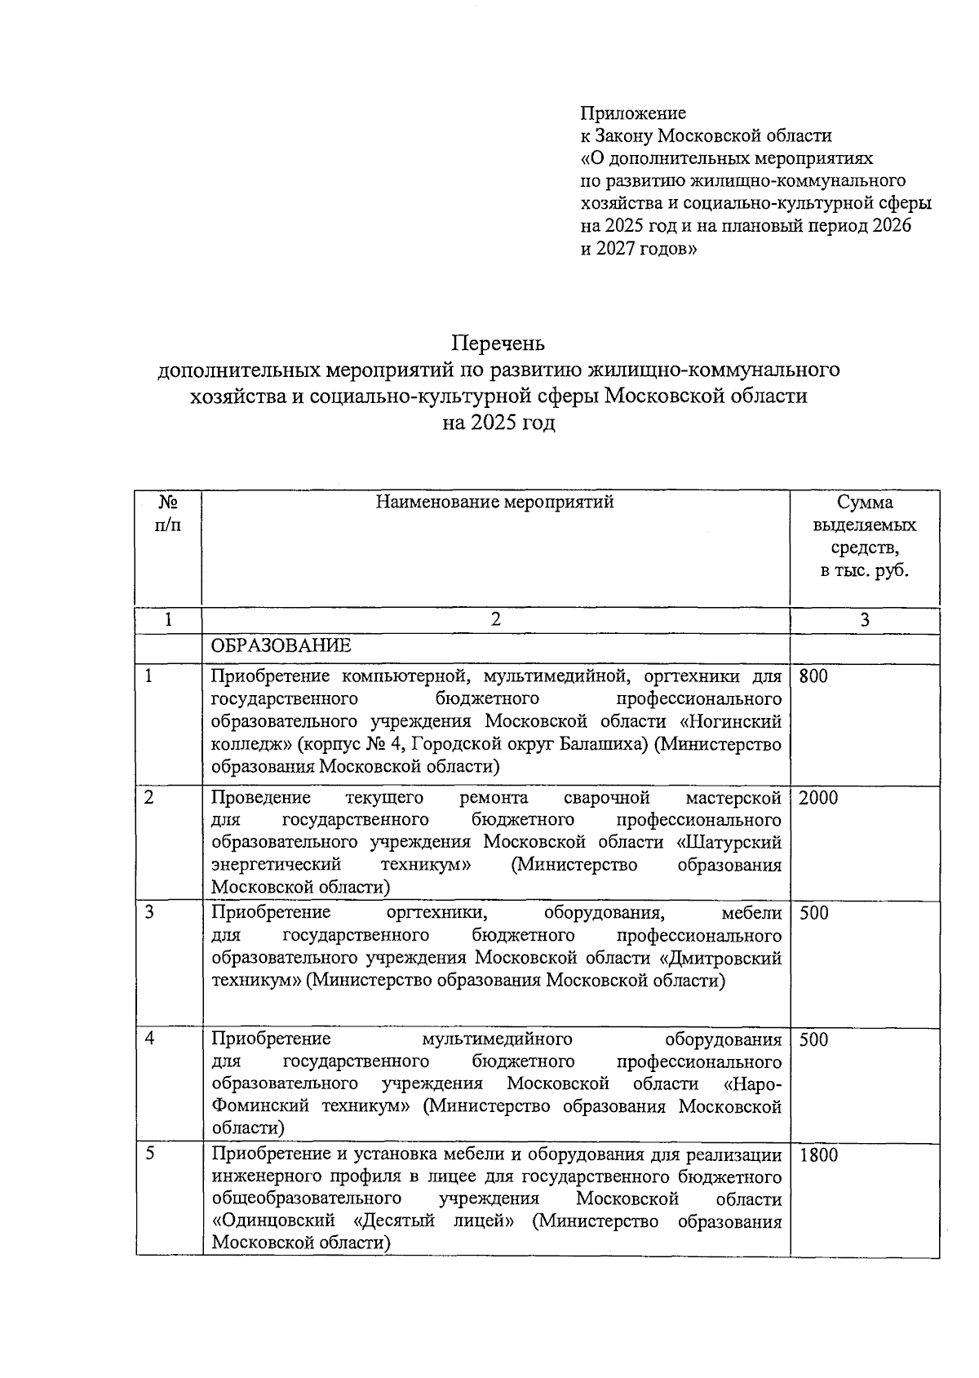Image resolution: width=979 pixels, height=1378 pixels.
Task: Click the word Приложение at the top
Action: [x=633, y=113]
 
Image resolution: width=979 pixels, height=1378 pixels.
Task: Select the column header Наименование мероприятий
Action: [x=494, y=503]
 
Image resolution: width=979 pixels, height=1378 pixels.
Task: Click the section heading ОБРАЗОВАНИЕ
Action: [x=281, y=646]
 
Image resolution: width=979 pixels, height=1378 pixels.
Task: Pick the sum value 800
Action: [x=813, y=676]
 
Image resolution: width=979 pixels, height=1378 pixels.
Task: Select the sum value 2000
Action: [x=818, y=798]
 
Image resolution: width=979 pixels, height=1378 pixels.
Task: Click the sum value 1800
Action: [x=818, y=1155]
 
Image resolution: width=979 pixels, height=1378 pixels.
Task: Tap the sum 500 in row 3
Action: [x=813, y=913]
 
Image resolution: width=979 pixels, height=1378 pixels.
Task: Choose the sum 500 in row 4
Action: [x=813, y=1039]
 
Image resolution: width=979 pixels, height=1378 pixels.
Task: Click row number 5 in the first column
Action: [x=149, y=1154]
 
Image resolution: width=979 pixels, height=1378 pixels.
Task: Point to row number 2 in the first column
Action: [x=149, y=797]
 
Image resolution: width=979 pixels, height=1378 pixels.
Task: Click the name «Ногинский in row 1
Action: [x=730, y=722]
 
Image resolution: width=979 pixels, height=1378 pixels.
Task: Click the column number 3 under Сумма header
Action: [x=865, y=620]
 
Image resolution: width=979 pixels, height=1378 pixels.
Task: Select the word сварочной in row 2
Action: [x=606, y=797]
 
